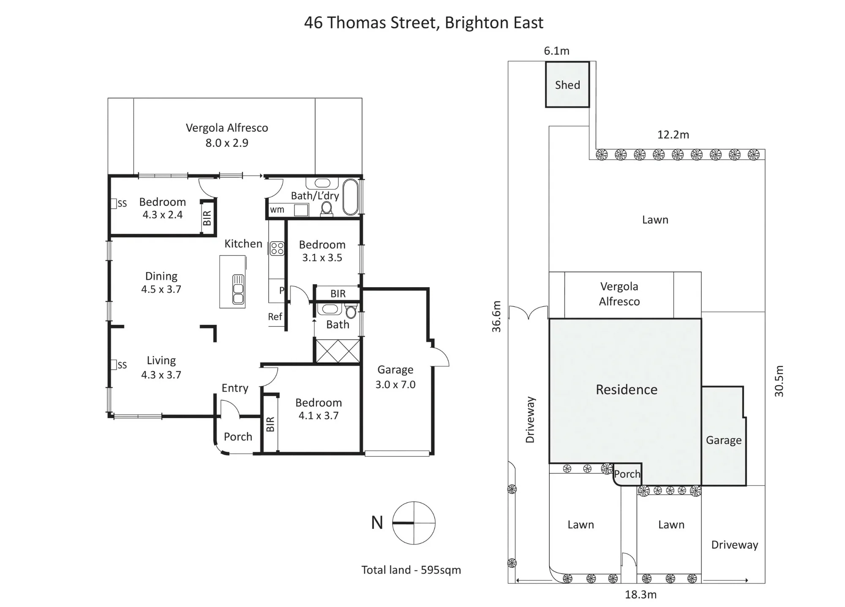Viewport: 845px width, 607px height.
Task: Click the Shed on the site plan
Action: (x=567, y=84)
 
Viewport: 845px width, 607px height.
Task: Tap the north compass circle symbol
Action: (x=414, y=523)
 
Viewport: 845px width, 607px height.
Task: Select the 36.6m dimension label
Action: (x=496, y=316)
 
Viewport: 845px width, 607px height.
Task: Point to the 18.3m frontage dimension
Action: (x=641, y=595)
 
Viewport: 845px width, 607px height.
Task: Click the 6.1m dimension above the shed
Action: (x=556, y=51)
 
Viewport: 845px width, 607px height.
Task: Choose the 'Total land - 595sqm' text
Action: (x=411, y=570)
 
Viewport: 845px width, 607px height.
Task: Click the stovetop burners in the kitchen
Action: (x=277, y=248)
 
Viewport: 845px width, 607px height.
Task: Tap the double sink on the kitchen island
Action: (x=238, y=289)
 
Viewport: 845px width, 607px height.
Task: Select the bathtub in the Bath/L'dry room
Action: (x=350, y=197)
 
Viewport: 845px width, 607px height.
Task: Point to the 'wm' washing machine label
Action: (x=277, y=210)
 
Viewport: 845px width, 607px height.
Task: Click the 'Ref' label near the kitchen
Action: (x=275, y=316)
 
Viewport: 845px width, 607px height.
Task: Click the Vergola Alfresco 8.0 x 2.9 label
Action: (x=227, y=135)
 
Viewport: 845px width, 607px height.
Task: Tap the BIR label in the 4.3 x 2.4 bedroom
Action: (x=207, y=218)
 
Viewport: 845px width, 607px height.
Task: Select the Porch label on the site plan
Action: (x=627, y=474)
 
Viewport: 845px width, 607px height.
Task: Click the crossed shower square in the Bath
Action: (x=338, y=351)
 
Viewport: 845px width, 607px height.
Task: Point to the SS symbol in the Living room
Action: (x=119, y=365)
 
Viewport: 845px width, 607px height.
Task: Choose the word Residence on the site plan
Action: (x=627, y=389)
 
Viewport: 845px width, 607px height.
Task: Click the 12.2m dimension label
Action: (x=673, y=135)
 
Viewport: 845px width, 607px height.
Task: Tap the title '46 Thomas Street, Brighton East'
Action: (x=424, y=23)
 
